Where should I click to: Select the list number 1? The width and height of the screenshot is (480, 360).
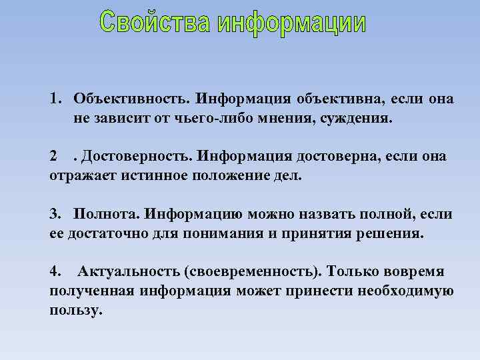53,99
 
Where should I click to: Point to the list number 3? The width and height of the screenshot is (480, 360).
53,214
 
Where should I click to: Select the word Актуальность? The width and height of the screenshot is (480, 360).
124,272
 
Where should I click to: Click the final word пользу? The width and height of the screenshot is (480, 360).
76,311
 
